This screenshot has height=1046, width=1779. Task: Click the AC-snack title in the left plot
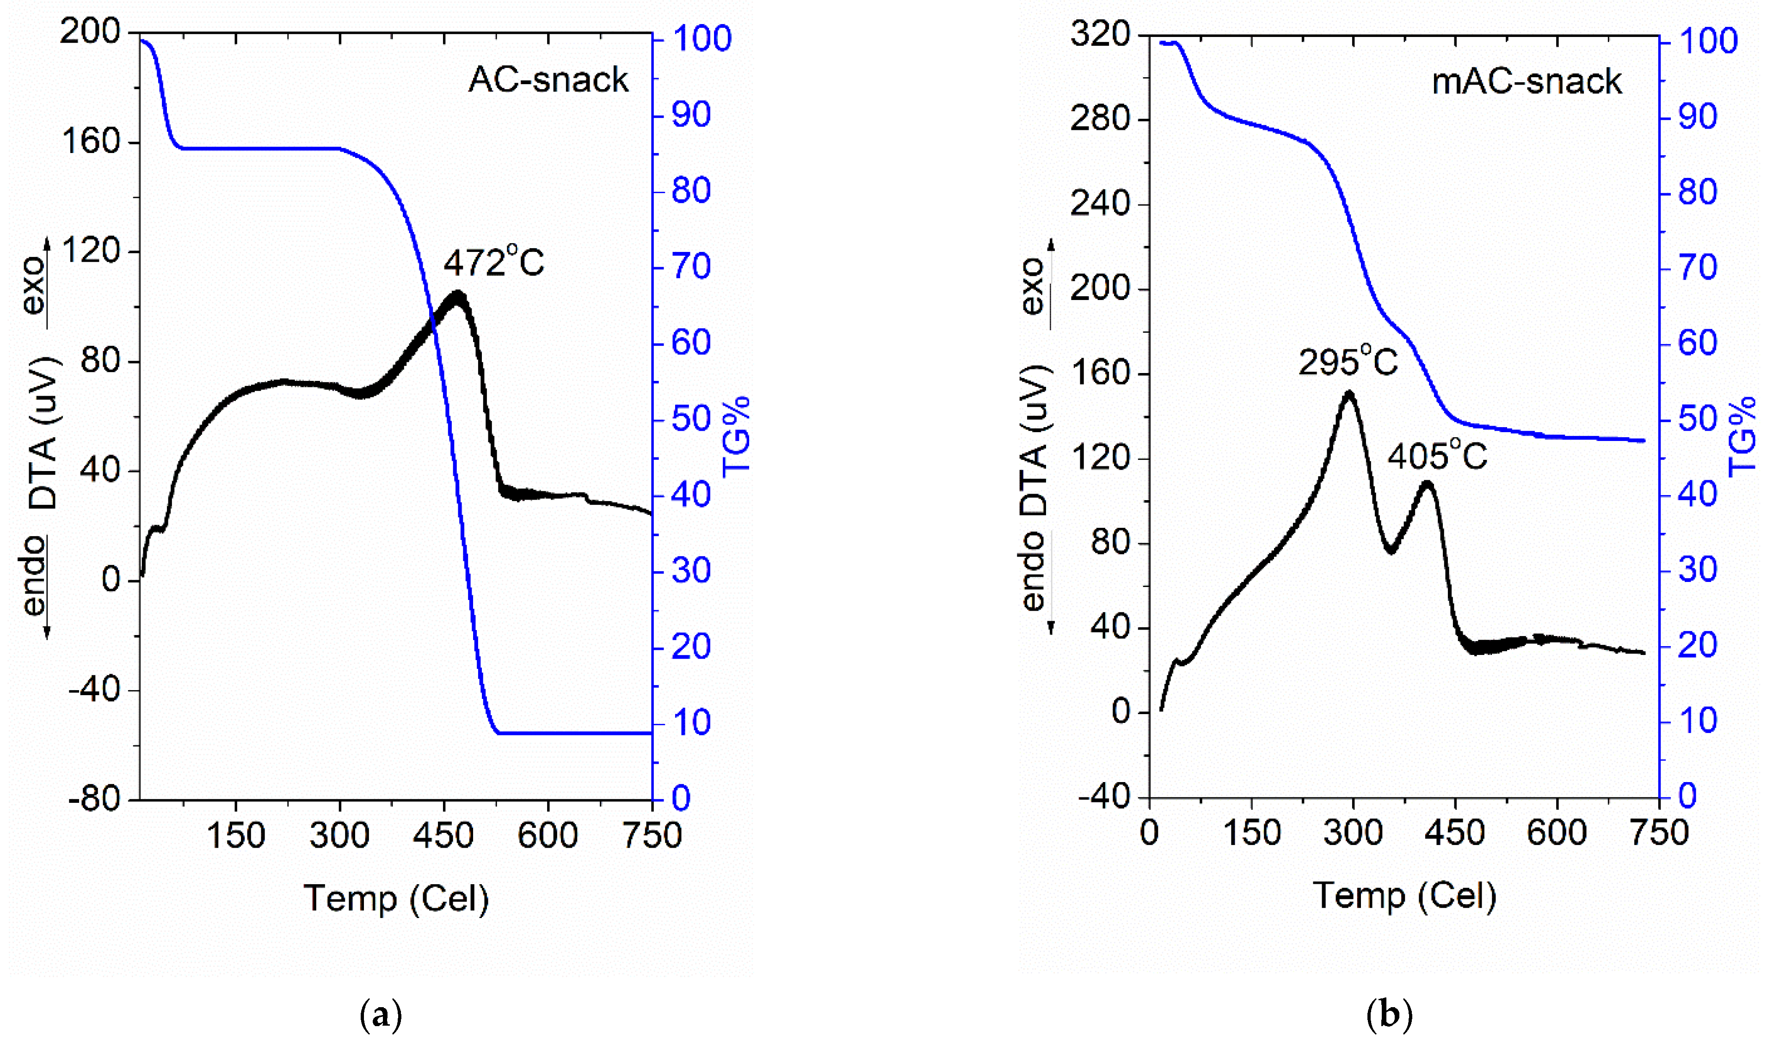pyautogui.click(x=548, y=80)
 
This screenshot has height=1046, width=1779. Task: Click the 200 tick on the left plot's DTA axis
pyautogui.click(x=90, y=32)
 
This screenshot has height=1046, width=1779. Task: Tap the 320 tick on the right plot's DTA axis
pyautogui.click(x=1099, y=34)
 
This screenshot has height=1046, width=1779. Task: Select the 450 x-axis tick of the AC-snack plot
pyautogui.click(x=443, y=836)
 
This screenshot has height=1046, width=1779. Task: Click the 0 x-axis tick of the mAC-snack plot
pyautogui.click(x=1149, y=833)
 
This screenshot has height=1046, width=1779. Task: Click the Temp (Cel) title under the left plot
pyautogui.click(x=396, y=899)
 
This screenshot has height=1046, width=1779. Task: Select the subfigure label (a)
pyautogui.click(x=381, y=1015)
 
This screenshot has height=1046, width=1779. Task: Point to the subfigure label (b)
pyautogui.click(x=1389, y=1015)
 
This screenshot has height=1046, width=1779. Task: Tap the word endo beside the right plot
pyautogui.click(x=1033, y=572)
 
